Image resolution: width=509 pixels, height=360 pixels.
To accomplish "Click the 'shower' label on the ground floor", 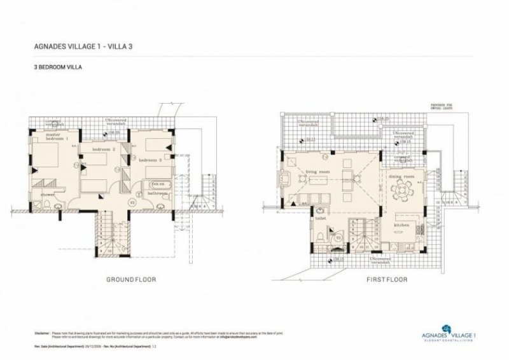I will (x=48, y=194).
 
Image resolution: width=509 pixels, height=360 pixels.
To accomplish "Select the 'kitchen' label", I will (x=401, y=225).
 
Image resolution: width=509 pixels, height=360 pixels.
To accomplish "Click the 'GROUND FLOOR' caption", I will (x=130, y=279).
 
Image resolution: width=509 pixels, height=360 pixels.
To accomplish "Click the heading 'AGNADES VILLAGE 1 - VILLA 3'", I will (x=82, y=46).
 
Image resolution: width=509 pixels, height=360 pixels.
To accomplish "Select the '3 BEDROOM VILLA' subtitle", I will (x=57, y=66).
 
